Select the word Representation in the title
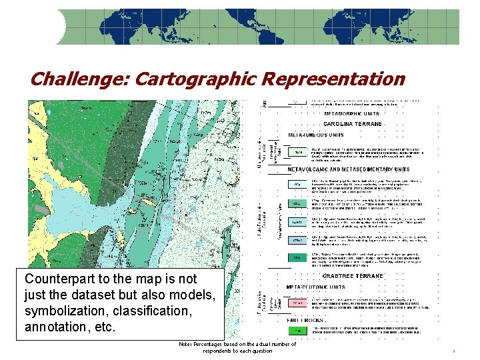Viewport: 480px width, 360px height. pos(333,80)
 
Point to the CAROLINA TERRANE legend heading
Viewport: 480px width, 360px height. pos(353,124)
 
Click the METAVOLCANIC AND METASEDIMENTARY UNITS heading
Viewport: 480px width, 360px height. pos(349,170)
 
